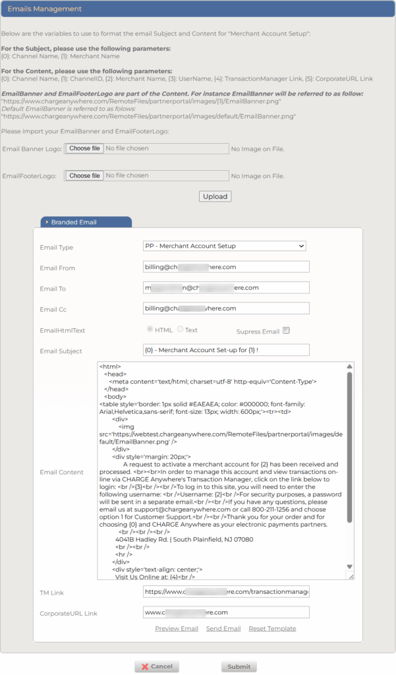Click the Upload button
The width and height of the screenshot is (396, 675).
215,196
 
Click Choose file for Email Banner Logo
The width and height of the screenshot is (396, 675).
85,148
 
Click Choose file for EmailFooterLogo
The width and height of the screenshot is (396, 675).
85,176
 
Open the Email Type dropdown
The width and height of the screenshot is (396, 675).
225,247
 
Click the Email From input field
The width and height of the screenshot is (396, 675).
226,267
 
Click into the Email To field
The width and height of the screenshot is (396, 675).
226,288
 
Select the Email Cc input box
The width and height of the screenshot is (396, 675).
226,308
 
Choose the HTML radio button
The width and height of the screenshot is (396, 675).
150,330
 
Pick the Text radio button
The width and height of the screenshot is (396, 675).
181,330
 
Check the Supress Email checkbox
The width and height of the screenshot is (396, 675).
287,331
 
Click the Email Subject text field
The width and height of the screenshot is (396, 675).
226,350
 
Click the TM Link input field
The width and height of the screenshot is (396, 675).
226,592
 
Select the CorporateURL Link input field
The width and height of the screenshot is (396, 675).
226,612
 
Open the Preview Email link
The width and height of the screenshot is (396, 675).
177,629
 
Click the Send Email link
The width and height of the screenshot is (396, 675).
223,629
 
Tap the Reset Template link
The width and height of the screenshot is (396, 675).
272,629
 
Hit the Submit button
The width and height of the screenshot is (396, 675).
239,666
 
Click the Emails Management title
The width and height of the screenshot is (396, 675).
45,9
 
